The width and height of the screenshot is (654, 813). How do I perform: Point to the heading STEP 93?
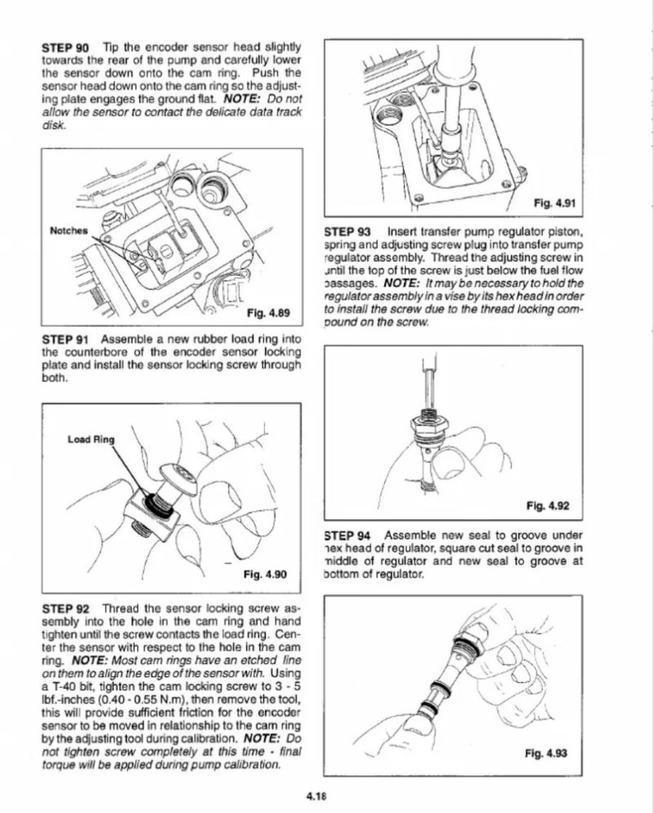click(347, 231)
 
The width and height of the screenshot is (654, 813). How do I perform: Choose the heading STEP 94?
click(347, 536)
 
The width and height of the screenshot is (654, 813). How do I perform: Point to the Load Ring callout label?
click(91, 439)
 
